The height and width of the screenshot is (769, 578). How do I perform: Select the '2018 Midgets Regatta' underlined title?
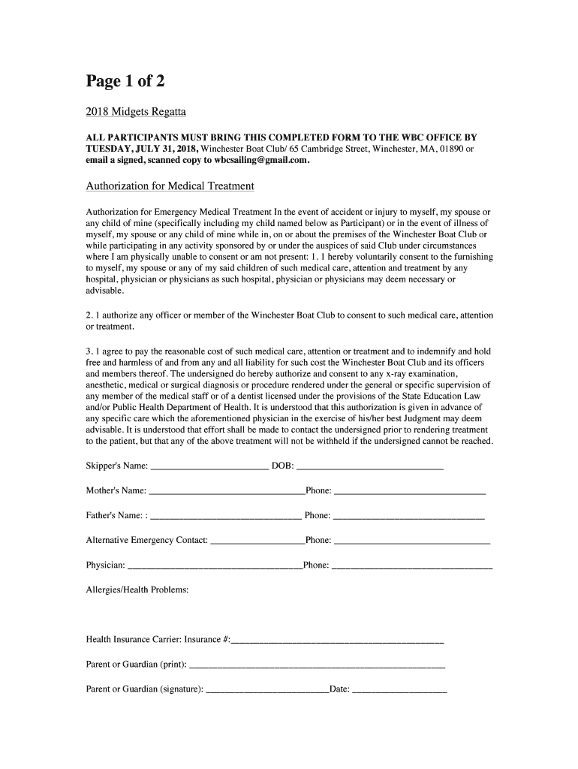point(136,113)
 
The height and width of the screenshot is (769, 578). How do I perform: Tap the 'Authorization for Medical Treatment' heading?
point(170,186)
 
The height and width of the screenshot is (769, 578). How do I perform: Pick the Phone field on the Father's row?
point(408,516)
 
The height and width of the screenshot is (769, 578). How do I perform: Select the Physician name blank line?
point(215,565)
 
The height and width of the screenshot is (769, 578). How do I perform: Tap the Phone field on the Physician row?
point(412,565)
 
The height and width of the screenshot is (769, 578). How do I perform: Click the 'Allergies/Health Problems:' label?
point(137,590)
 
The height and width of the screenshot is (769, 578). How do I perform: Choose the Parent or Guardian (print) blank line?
point(318,665)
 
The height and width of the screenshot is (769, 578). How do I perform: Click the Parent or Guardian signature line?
point(267,690)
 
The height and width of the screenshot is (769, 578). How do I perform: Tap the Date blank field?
point(399,690)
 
